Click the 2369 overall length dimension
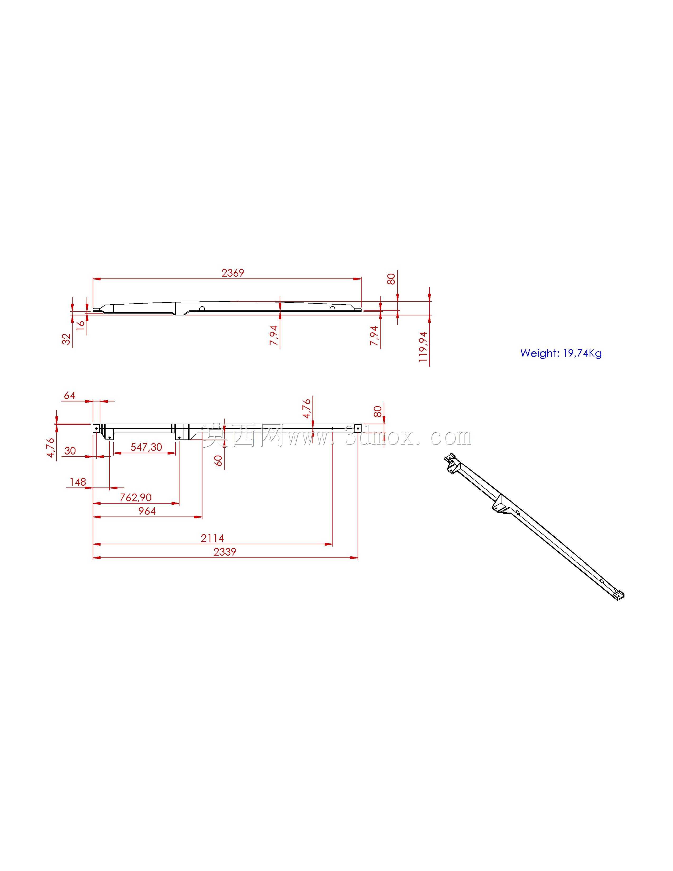[233, 273]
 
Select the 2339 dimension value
[225, 552]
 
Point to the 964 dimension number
[147, 511]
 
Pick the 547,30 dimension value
[146, 447]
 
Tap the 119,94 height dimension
[423, 347]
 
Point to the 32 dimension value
[66, 339]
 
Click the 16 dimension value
[80, 323]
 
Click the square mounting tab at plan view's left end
[96, 428]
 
